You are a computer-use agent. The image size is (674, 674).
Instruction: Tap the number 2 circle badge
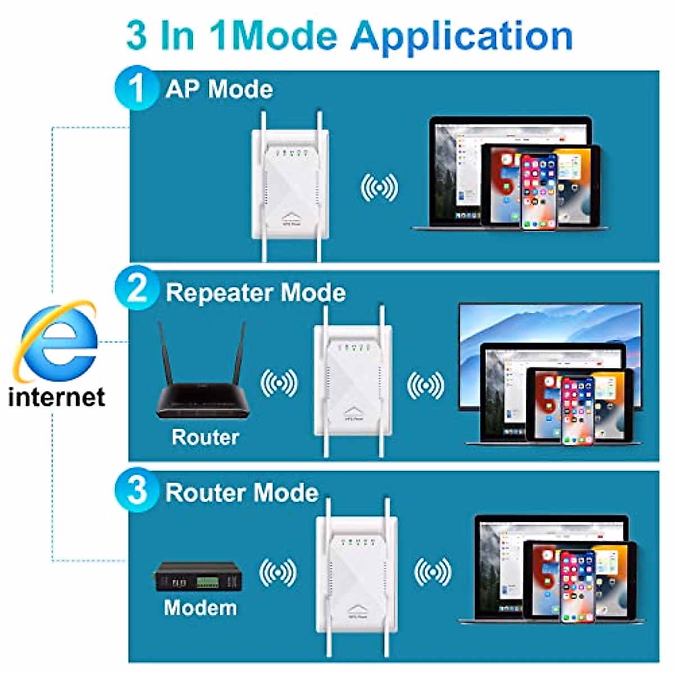[x=136, y=290]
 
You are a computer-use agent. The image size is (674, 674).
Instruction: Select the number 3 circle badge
[x=136, y=490]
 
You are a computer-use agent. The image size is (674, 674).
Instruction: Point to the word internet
[x=57, y=397]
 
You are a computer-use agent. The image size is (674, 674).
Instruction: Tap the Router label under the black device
[x=205, y=437]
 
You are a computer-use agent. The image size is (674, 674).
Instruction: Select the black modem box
[x=198, y=576]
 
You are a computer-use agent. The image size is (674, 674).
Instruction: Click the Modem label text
[x=201, y=608]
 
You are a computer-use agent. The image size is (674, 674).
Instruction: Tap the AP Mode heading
[x=219, y=89]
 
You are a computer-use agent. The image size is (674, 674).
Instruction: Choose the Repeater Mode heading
[x=256, y=293]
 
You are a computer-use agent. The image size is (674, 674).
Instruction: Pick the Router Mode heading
[x=242, y=493]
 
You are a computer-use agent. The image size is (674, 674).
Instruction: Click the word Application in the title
[x=462, y=36]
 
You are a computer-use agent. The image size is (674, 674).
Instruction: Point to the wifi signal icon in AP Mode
[x=379, y=187]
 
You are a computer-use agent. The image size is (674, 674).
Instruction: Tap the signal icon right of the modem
[x=277, y=572]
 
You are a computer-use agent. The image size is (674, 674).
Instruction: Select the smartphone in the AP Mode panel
[x=539, y=192]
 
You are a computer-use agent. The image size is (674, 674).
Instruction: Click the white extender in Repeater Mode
[x=353, y=382]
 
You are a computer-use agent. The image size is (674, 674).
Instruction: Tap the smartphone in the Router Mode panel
[x=577, y=586]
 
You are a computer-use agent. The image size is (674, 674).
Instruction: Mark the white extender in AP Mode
[x=290, y=188]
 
